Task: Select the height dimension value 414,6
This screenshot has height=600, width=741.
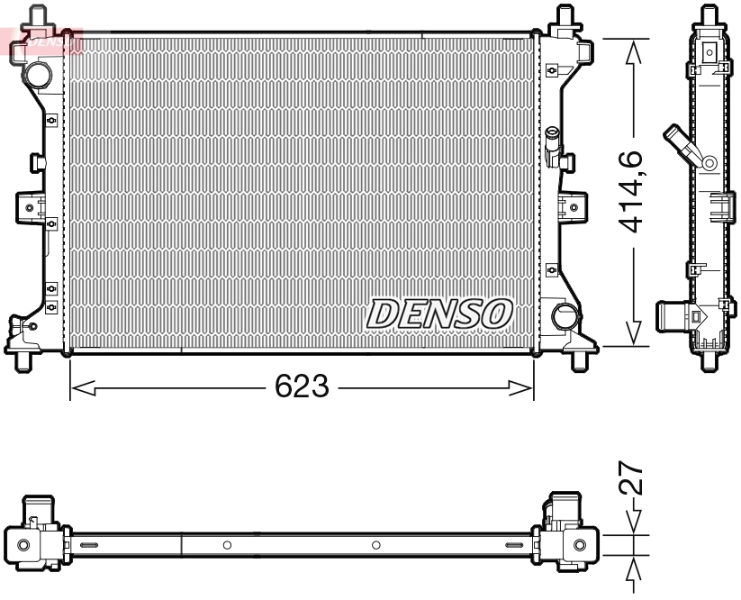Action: pyautogui.click(x=634, y=191)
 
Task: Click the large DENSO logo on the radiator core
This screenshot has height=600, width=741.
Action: pyautogui.click(x=438, y=314)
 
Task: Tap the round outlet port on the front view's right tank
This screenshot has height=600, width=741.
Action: pyautogui.click(x=565, y=316)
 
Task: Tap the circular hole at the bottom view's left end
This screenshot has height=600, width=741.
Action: pyautogui.click(x=23, y=545)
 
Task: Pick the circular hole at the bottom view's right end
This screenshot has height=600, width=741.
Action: pyautogui.click(x=580, y=545)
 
